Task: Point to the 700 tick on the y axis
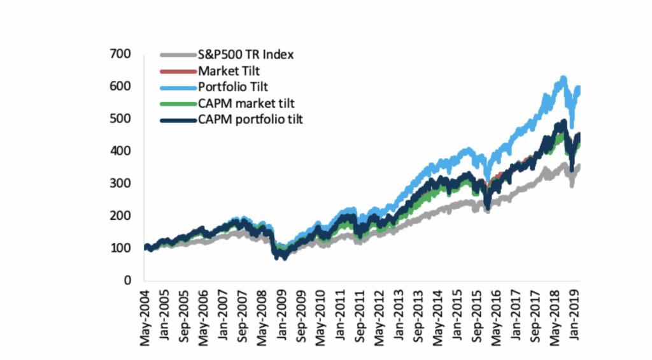[121, 54]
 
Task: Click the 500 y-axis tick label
[121, 119]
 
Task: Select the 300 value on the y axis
[121, 184]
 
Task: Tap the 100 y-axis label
[121, 248]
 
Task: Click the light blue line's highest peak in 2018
[562, 79]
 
